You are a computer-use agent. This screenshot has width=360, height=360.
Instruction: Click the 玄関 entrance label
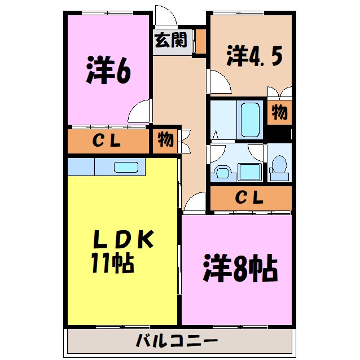point(171,42)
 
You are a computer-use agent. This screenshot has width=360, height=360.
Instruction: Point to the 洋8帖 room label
point(240,270)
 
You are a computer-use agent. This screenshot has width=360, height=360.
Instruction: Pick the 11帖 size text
point(111,263)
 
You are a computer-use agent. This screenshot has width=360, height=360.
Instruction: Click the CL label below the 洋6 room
point(107,142)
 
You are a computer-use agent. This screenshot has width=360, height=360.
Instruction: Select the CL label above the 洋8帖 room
point(249,198)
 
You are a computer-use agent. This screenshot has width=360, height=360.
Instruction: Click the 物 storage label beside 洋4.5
point(279,113)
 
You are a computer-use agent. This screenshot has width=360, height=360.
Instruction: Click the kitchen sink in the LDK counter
point(126,167)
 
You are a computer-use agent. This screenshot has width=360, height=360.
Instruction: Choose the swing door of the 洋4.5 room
point(219,82)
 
